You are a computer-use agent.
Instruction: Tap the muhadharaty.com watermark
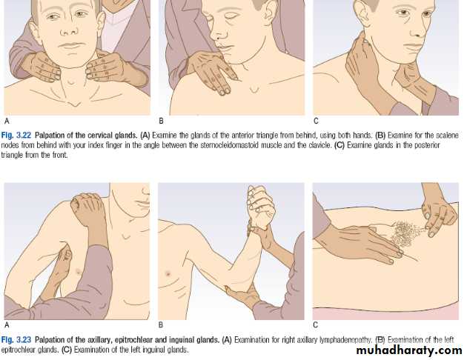pos(409,350)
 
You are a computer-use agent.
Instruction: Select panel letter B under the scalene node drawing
pos(161,121)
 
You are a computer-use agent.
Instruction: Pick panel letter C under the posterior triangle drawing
pos(316,121)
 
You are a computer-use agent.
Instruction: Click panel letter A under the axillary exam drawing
pos(7,325)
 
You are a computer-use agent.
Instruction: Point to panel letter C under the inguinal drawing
pos(315,325)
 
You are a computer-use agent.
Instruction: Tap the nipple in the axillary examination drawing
pos(79,271)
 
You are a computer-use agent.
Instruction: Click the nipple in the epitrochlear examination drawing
pos(168,273)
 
